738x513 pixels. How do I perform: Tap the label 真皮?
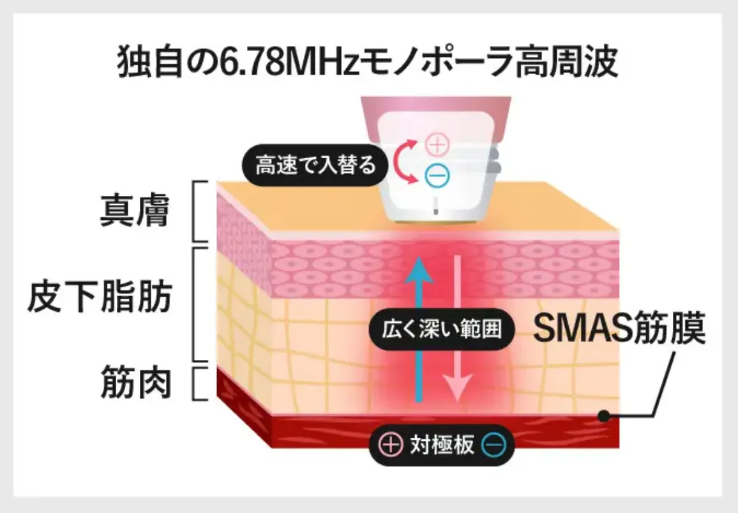point(135,211)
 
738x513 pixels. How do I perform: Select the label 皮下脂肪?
point(100,297)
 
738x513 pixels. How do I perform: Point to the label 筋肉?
point(135,383)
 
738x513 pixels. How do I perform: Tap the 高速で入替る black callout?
point(315,165)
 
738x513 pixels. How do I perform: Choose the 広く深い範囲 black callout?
point(442,329)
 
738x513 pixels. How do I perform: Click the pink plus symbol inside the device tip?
point(437,145)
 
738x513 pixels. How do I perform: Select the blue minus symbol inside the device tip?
point(437,176)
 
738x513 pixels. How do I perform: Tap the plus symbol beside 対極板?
point(391,444)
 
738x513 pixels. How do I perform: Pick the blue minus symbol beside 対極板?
point(493,444)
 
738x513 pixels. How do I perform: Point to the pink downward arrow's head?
point(458,388)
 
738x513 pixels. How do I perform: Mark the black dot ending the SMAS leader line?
point(604,415)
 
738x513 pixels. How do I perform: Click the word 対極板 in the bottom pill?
point(442,444)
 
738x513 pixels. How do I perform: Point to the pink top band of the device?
point(436,110)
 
